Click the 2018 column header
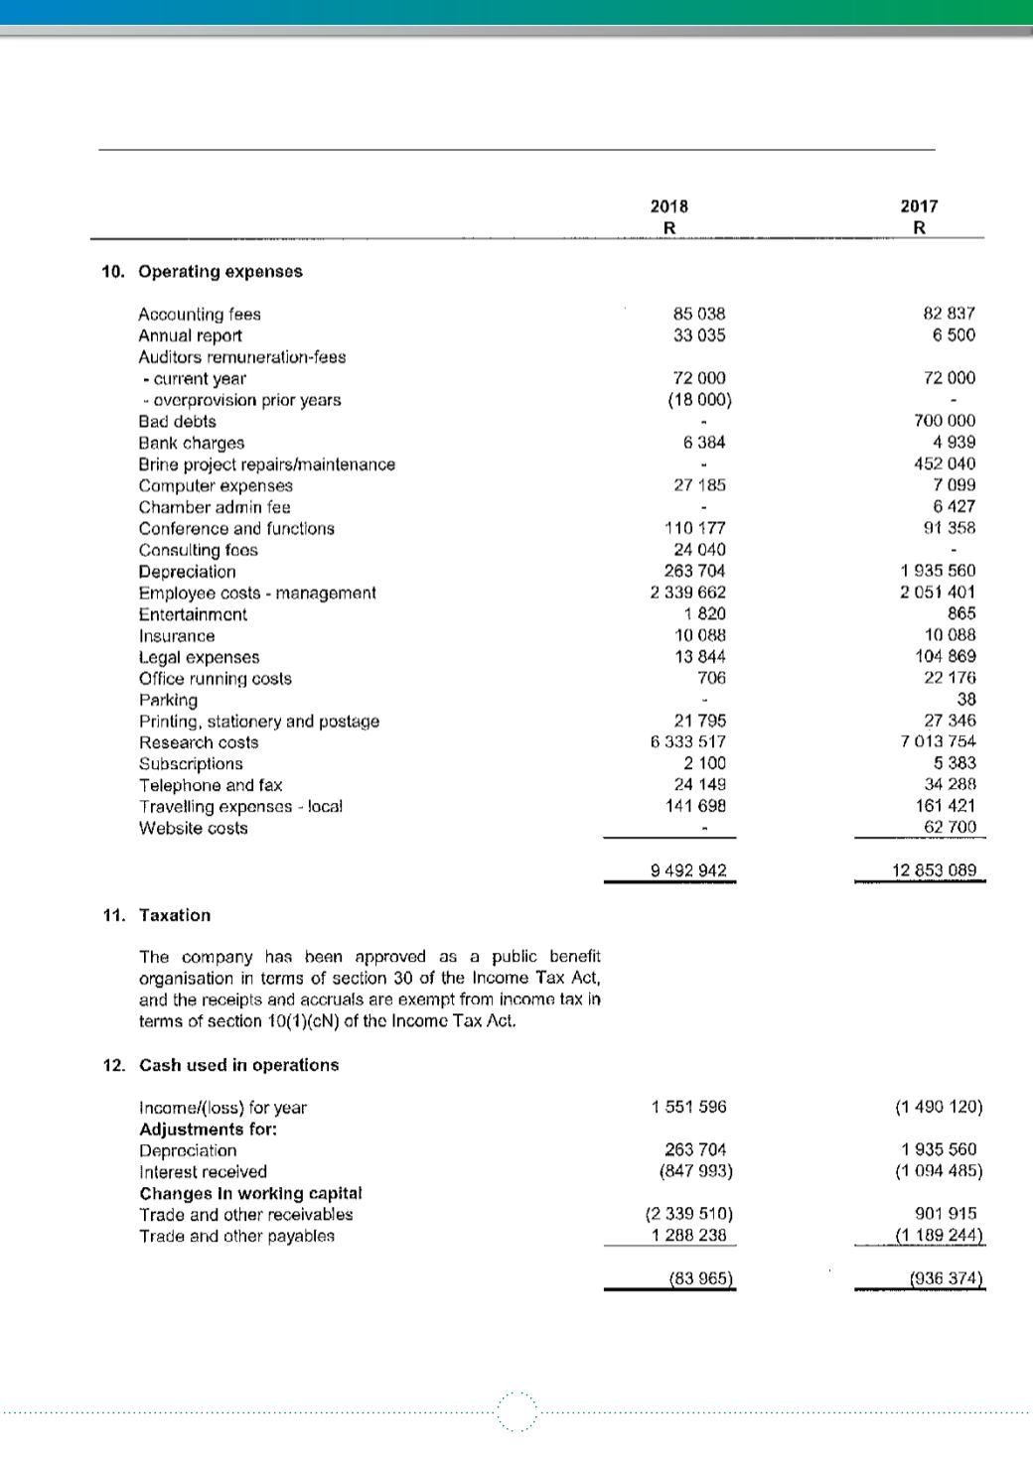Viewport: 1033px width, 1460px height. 669,206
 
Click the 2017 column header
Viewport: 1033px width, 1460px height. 919,206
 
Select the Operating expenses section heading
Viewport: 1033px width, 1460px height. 221,271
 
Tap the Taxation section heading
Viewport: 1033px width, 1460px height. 175,915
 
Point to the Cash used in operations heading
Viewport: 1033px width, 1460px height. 238,1065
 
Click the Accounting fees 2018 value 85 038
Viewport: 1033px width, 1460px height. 699,314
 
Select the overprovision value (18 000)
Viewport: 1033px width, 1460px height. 699,400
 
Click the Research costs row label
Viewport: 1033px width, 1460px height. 199,742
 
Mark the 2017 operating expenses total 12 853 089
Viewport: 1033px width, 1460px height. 934,870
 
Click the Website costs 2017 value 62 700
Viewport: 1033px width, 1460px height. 950,827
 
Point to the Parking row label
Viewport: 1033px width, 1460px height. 168,700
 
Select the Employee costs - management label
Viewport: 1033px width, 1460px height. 257,593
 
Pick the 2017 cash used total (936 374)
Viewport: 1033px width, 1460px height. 946,1279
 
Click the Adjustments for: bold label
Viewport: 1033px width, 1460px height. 208,1128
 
